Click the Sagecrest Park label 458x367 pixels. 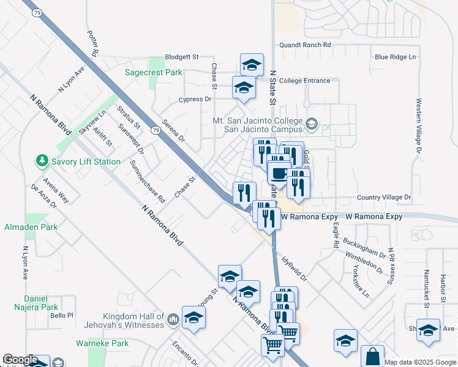(154, 72)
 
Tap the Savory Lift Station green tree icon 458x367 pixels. (42, 161)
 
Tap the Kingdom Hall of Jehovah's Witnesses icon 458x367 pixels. (173, 318)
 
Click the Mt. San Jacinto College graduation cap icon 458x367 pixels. (312, 125)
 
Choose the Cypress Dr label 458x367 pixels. (194, 99)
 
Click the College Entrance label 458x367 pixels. (304, 81)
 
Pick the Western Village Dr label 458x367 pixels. (419, 126)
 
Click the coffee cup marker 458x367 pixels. (279, 173)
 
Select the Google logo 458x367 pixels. (20, 360)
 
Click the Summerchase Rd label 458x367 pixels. (148, 181)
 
